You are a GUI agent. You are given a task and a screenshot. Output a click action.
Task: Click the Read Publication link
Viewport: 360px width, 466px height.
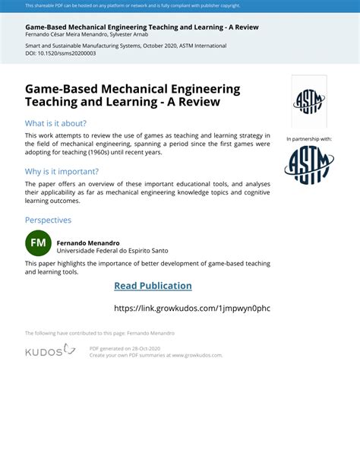pyautogui.click(x=153, y=286)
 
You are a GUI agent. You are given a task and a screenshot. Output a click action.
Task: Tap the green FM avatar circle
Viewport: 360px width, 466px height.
pyautogui.click(x=38, y=243)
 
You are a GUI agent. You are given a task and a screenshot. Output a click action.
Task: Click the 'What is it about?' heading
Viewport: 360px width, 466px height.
pyautogui.click(x=55, y=123)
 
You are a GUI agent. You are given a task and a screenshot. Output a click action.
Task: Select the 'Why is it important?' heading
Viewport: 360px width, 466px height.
pyautogui.click(x=62, y=172)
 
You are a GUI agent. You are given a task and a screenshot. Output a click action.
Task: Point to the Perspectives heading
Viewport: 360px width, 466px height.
pyautogui.click(x=48, y=220)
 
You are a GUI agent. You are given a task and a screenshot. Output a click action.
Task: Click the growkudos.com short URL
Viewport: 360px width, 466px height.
pyautogui.click(x=191, y=308)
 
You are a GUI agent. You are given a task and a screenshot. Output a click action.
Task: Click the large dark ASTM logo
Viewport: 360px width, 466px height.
pyautogui.click(x=309, y=165)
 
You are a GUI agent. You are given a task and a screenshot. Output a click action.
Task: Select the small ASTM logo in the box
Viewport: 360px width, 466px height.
pyautogui.click(x=309, y=101)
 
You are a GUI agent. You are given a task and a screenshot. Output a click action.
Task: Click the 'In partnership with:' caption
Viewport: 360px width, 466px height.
pyautogui.click(x=309, y=139)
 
